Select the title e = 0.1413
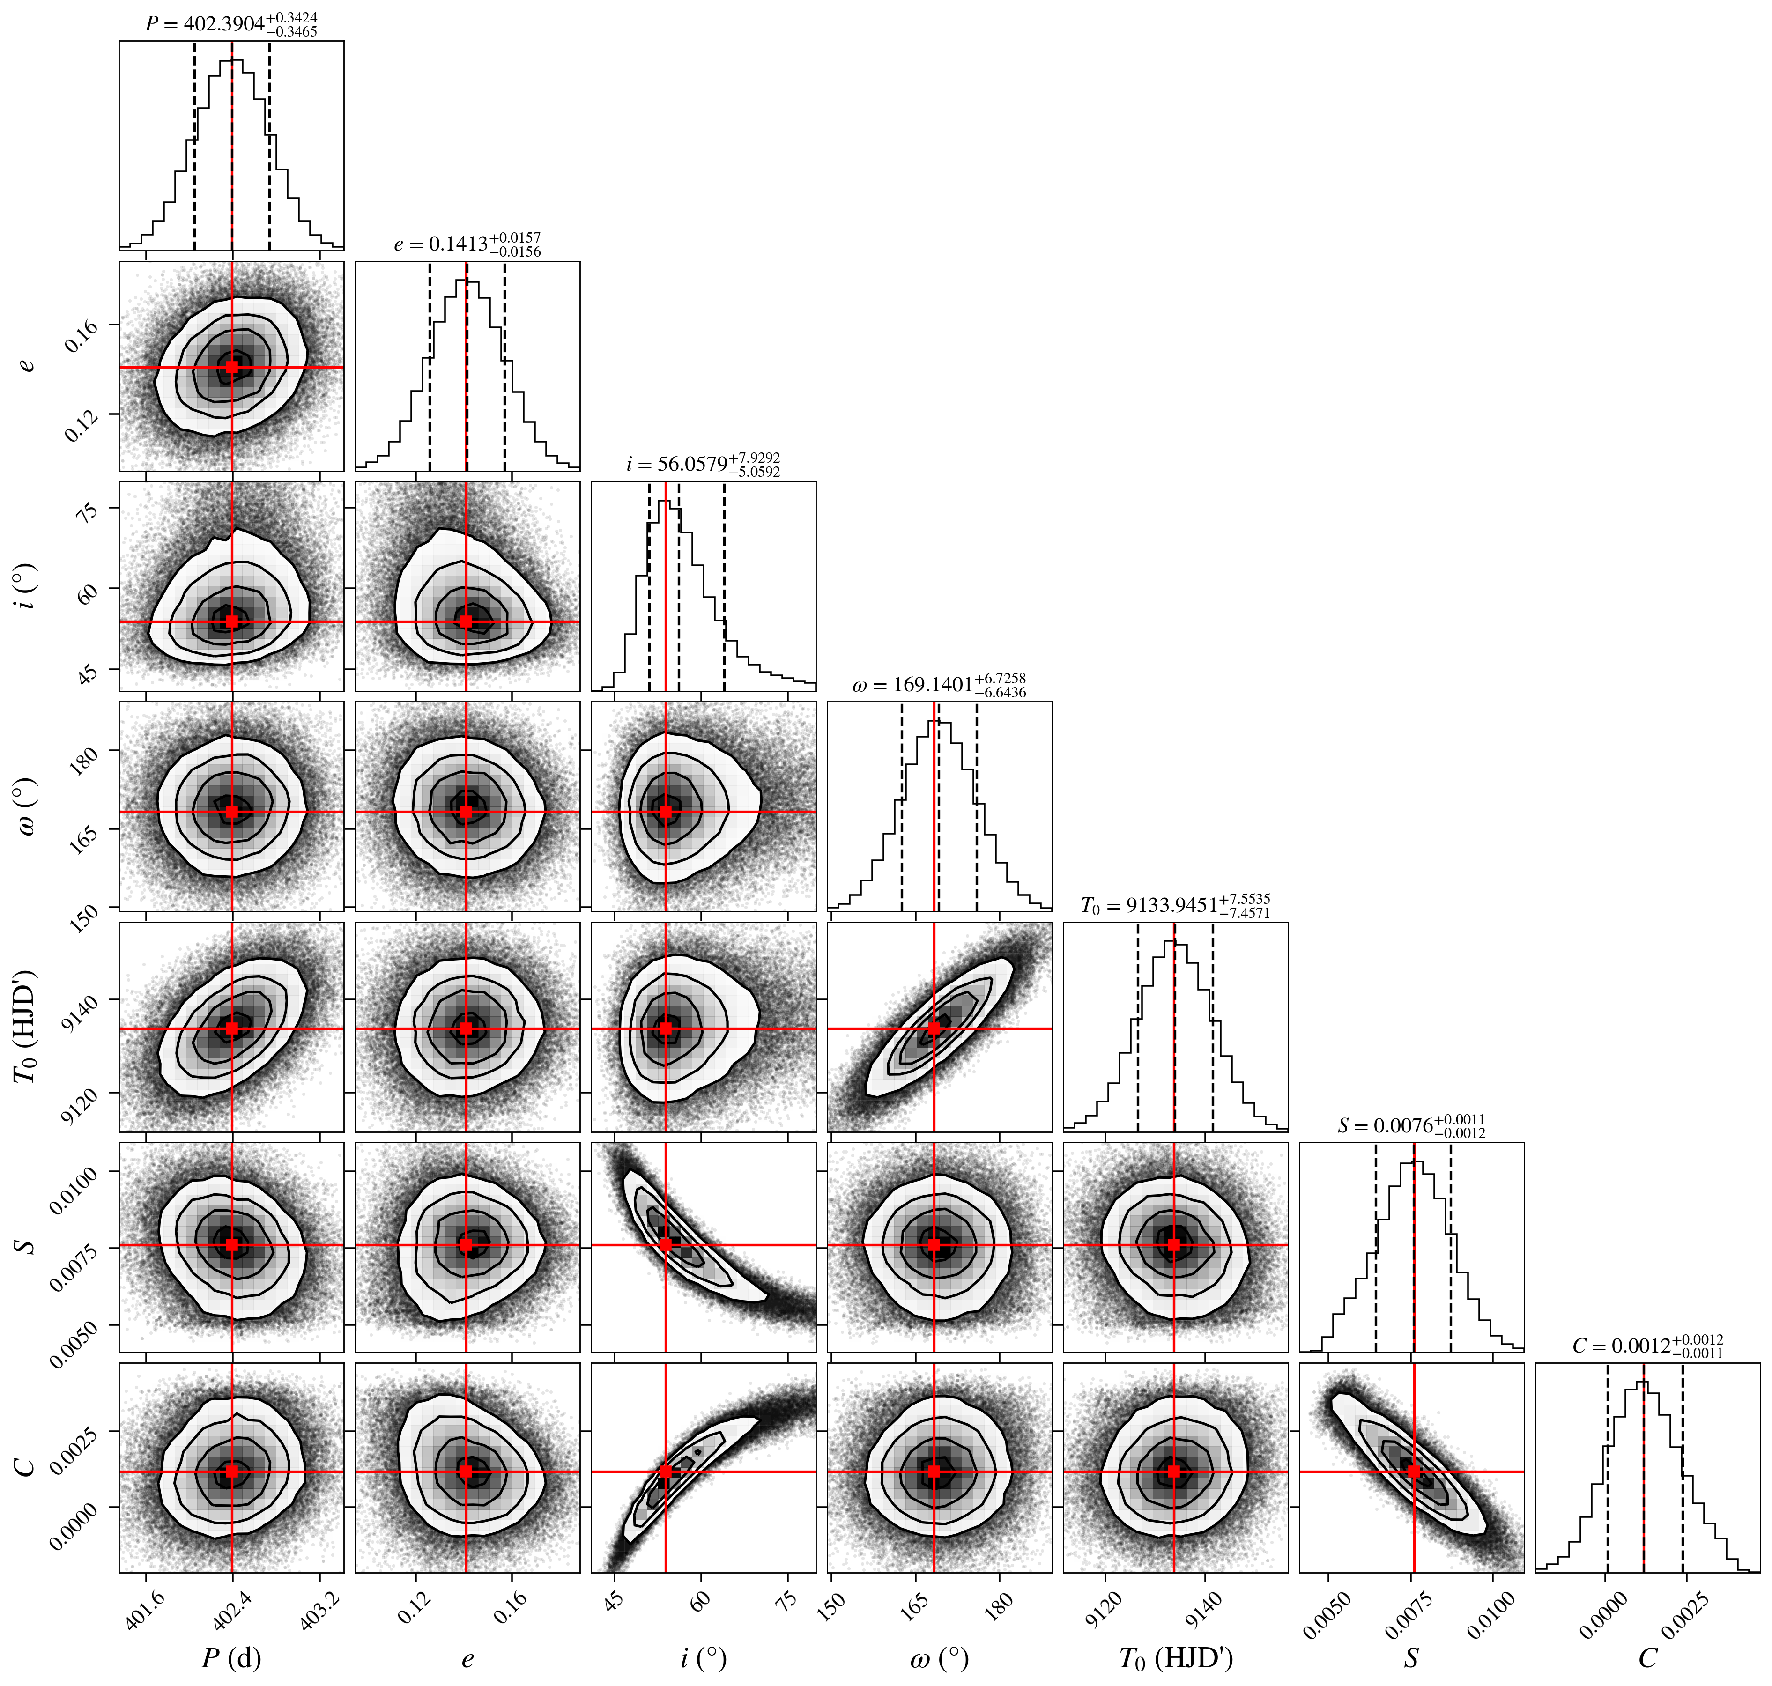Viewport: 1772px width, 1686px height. click(x=467, y=244)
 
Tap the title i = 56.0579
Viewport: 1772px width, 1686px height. click(x=703, y=465)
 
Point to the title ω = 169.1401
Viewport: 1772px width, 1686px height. click(x=940, y=685)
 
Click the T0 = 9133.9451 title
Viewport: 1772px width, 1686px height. click(x=1175, y=905)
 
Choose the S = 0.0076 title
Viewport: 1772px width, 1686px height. click(x=1411, y=1125)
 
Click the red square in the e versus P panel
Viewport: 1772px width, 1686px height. click(x=232, y=367)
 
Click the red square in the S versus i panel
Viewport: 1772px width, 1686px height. click(x=665, y=1245)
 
